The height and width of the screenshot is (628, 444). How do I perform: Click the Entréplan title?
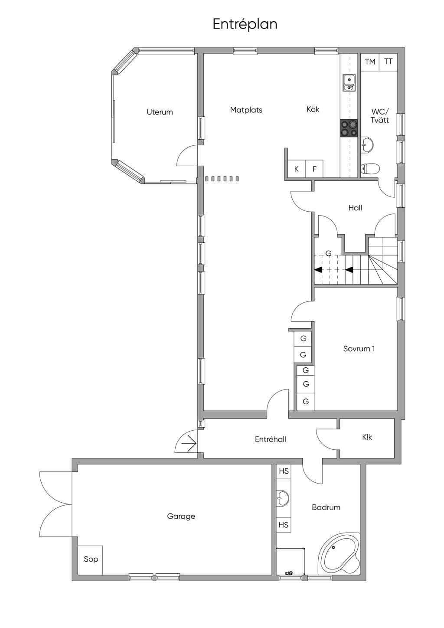245,24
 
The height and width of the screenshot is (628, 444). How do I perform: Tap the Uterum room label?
160,112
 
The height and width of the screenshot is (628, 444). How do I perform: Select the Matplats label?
246,110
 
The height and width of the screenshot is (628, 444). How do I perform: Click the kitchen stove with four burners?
349,128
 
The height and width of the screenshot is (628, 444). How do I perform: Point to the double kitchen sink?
349,83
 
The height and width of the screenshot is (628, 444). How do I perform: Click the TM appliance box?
370,62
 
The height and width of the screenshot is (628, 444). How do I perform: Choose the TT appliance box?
388,62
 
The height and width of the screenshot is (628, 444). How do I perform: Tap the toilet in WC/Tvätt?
370,169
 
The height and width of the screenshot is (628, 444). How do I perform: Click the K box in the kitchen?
297,169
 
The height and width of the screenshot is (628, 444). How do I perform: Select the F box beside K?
314,169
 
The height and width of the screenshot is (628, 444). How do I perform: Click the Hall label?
355,208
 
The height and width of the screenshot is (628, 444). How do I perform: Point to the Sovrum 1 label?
359,349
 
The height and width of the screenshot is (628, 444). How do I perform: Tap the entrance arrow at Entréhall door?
189,443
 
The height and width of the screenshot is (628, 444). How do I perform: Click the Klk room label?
367,437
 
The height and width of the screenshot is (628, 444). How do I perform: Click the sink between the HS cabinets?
283,498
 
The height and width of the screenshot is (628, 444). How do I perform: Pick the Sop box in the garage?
90,560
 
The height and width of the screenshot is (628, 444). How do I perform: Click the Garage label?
181,517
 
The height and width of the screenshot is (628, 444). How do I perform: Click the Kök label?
313,109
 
